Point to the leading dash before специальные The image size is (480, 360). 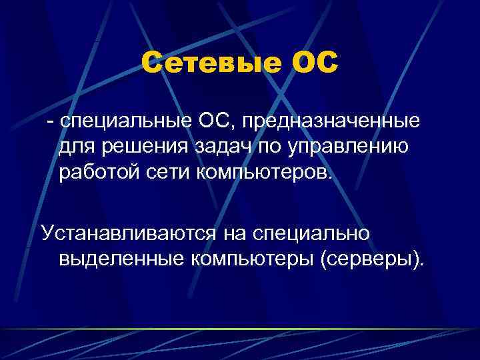(x=49, y=122)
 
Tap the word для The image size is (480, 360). (x=75, y=147)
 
